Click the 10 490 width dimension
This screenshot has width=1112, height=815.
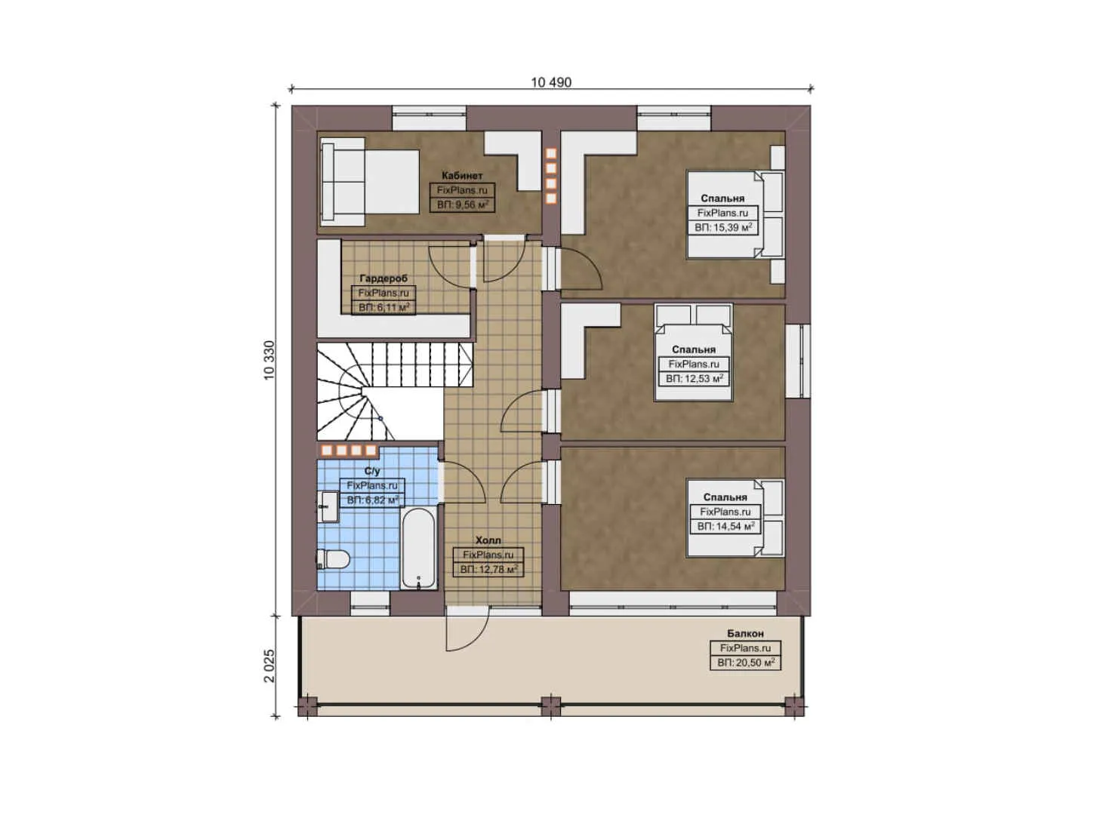550,82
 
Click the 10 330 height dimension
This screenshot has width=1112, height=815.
270,360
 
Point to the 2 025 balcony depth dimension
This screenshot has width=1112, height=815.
270,665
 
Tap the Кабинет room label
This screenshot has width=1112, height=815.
462,176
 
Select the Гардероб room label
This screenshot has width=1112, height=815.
384,278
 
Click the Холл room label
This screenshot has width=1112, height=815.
488,540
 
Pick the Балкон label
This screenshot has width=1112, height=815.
745,634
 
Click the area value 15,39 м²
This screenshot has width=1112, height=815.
723,227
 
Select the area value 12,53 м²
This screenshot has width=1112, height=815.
695,379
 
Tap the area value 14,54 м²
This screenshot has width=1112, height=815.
725,526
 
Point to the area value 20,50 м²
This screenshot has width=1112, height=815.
746,663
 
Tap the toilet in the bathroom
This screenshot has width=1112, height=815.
333,559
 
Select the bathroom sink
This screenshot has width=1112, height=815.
328,506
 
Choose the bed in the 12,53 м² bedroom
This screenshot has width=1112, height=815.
694,351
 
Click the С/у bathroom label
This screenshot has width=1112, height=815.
372,471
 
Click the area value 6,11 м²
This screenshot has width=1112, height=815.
384,307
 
